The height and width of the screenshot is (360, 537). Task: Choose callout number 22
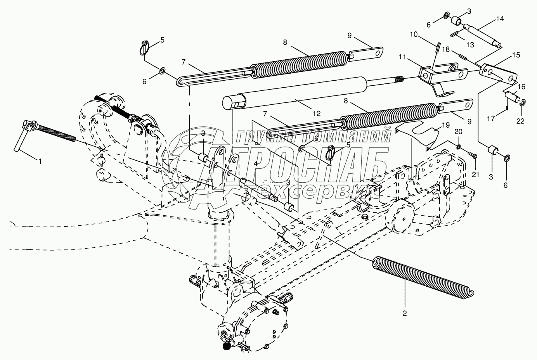(520, 121)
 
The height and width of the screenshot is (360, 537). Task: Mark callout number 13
(470, 45)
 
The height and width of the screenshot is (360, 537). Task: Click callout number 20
(458, 132)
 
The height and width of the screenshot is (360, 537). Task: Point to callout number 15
(516, 55)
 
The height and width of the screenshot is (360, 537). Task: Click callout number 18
(445, 50)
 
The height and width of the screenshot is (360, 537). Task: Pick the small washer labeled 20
(458, 147)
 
